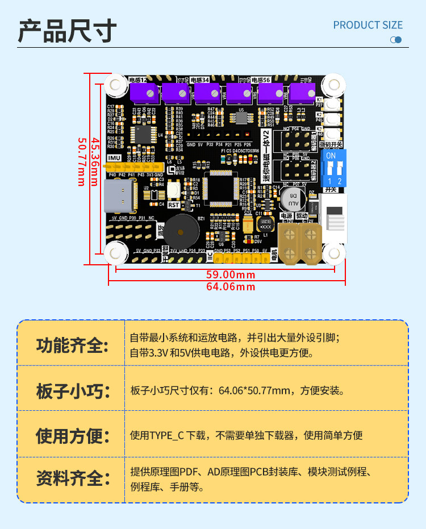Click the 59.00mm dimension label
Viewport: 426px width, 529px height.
pyautogui.click(x=231, y=275)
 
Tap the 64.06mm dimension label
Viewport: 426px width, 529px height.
pyautogui.click(x=231, y=286)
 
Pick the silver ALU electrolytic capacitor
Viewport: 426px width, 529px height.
pyautogui.click(x=293, y=199)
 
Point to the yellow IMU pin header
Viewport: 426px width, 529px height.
pyautogui.click(x=135, y=168)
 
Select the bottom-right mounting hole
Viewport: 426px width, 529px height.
pyautogui.click(x=334, y=251)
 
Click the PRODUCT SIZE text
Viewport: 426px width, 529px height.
pyautogui.click(x=367, y=25)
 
